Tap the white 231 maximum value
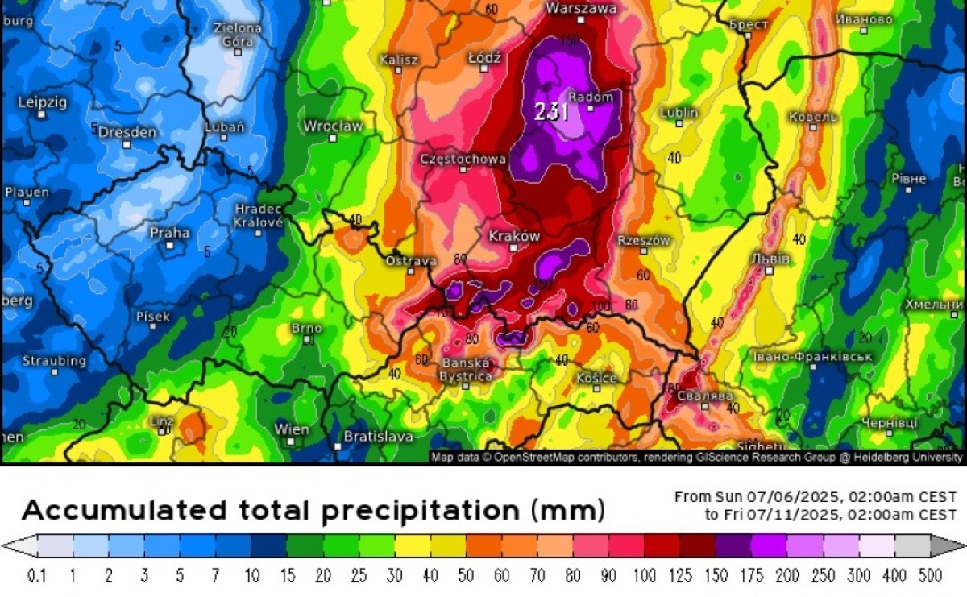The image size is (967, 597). pos(552,112)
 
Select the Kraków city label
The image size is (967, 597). pos(514,236)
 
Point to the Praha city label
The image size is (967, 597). pos(170,233)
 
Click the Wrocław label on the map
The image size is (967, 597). pos(333,126)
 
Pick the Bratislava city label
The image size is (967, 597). pos(378,436)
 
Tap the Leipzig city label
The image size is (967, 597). pos(41,102)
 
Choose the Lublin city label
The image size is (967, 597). pos(679,113)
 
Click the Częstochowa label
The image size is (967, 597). pos(463,160)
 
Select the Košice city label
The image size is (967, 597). pos(597,378)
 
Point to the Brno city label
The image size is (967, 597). pos(306,328)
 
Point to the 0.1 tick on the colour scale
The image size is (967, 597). pos(36,576)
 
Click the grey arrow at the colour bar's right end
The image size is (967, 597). pos(943,547)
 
